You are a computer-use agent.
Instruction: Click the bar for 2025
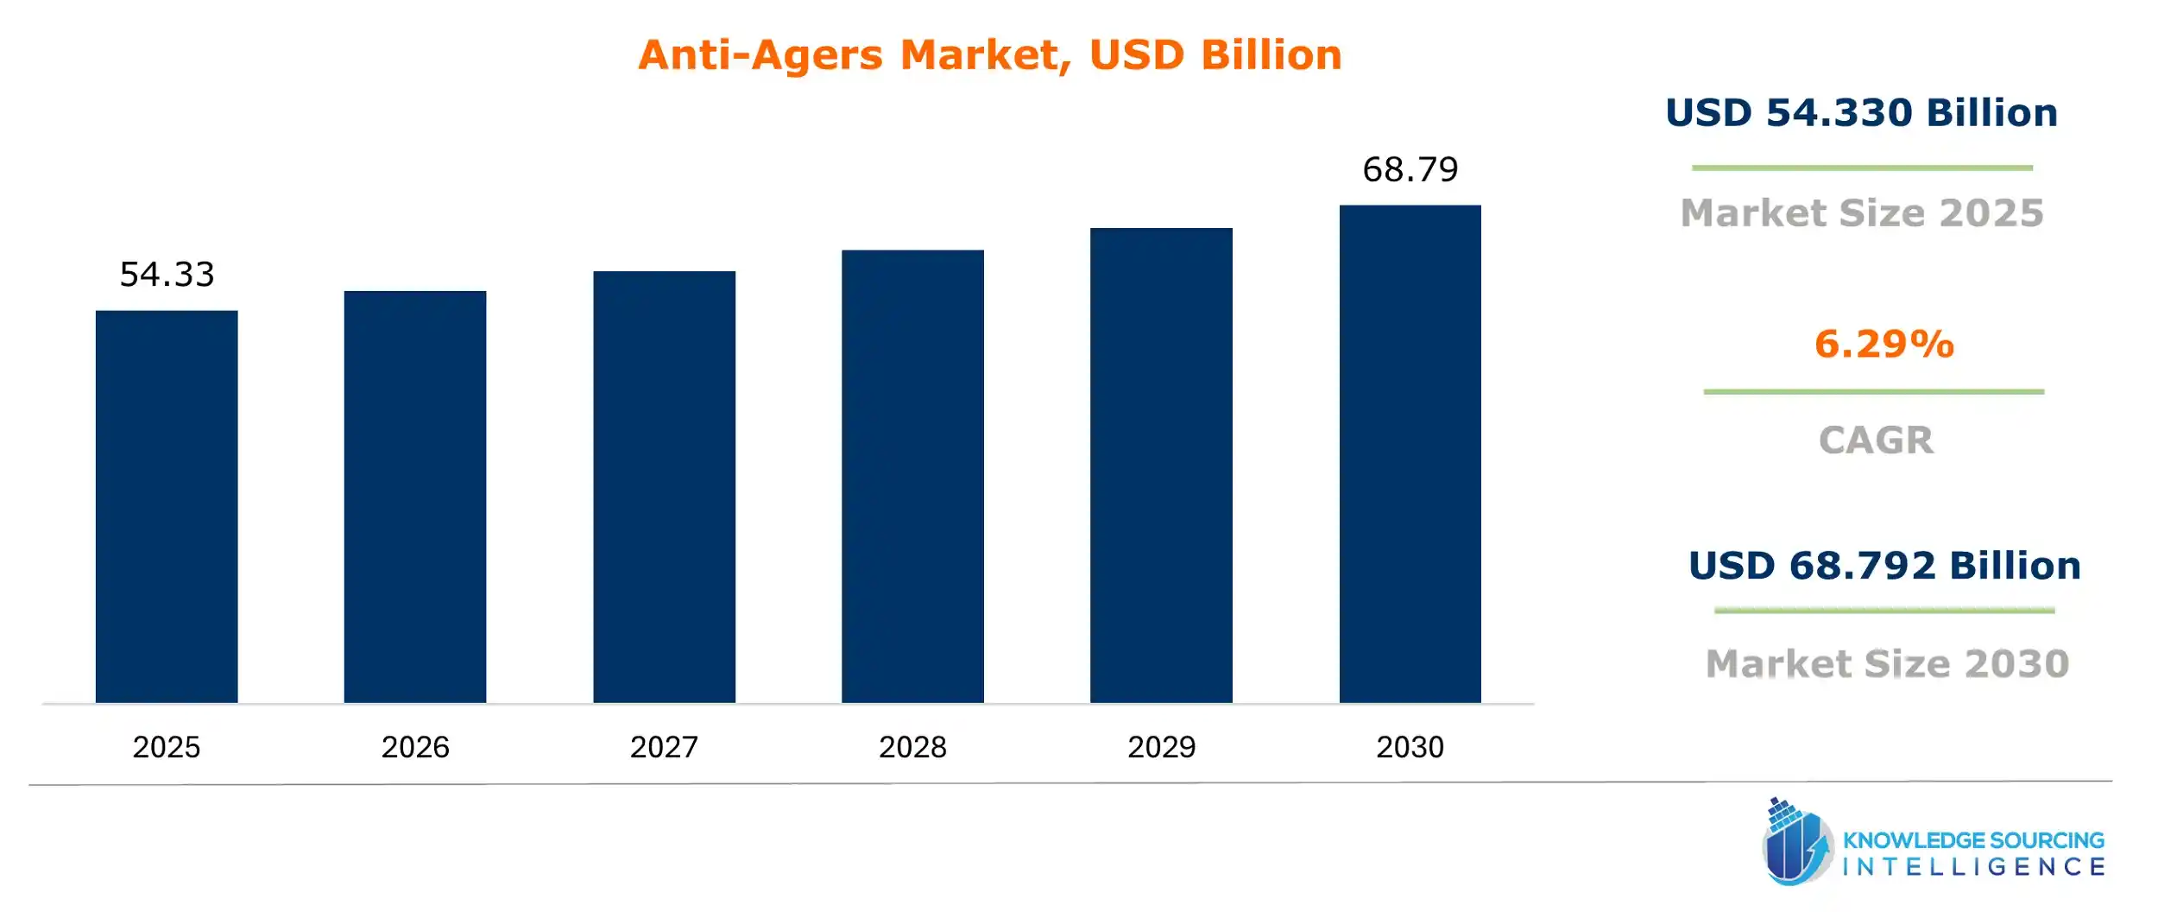click(167, 506)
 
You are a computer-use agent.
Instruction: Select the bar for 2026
click(415, 497)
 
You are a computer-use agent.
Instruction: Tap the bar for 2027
click(664, 486)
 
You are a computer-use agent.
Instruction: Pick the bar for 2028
click(912, 476)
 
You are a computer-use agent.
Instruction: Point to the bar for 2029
click(1161, 465)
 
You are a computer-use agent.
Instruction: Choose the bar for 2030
click(1410, 453)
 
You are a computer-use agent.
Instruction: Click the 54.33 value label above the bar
click(167, 275)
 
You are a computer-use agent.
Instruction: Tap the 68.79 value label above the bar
click(1410, 169)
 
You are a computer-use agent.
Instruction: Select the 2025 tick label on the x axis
click(167, 747)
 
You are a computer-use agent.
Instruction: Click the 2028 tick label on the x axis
click(912, 747)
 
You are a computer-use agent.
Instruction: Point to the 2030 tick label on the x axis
click(1410, 747)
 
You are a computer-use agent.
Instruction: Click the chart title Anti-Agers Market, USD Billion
click(990, 55)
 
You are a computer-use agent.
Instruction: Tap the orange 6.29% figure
click(1884, 344)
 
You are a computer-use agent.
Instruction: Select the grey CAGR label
click(1876, 440)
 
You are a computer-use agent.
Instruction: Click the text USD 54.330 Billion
click(1861, 113)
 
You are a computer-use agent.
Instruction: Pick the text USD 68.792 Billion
click(1884, 566)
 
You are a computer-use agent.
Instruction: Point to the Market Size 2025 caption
click(1862, 213)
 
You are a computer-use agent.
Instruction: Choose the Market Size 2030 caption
click(1888, 663)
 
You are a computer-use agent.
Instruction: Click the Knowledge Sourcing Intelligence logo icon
click(1796, 842)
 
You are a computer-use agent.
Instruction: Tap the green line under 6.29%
click(1873, 392)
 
